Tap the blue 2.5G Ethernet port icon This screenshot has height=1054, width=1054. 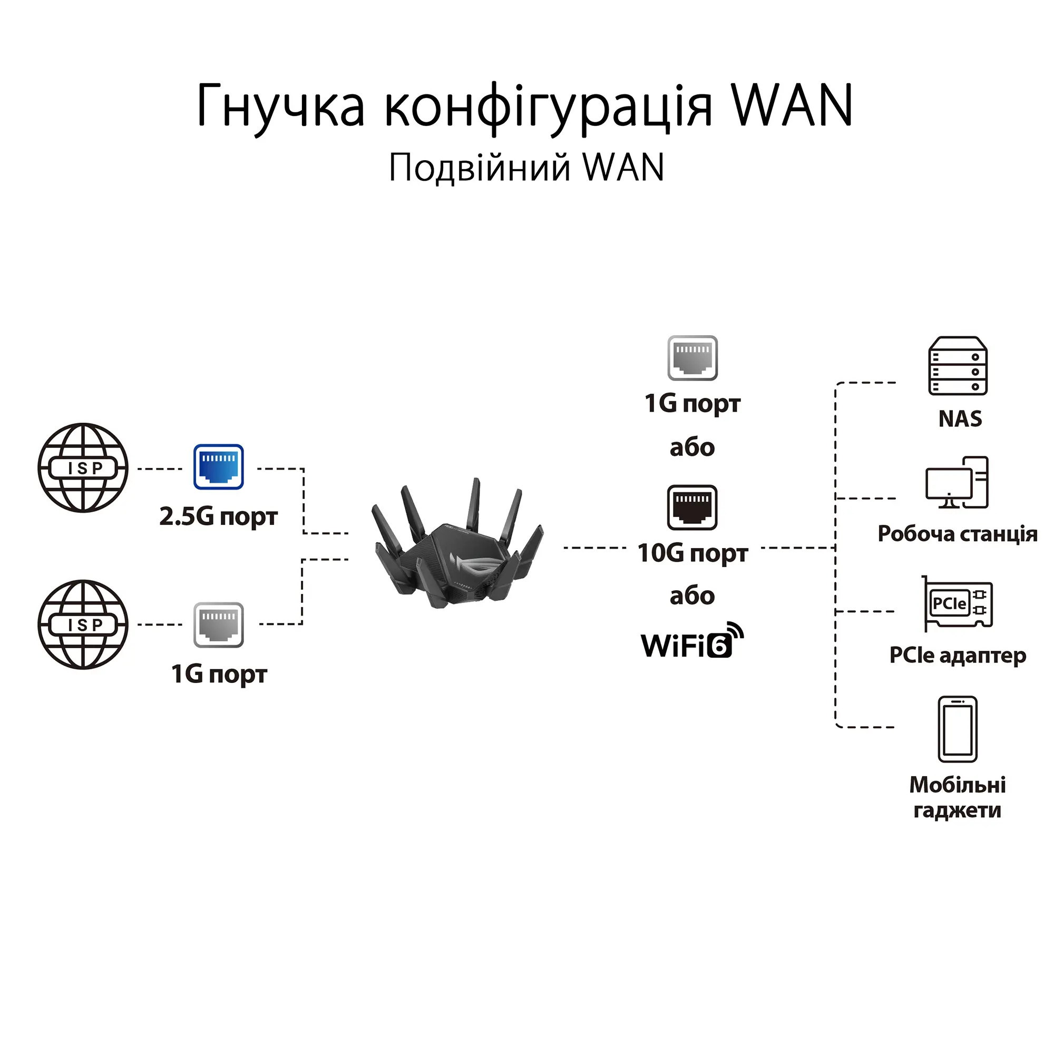218,467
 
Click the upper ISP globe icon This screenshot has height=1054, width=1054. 83,467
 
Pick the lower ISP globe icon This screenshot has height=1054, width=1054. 83,624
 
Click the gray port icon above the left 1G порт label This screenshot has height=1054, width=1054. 218,624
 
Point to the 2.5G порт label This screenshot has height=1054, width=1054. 218,516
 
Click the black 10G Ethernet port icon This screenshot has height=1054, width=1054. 692,508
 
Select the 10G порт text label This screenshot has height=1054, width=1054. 692,553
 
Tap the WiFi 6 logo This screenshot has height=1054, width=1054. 692,641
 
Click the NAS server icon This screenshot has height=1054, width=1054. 958,366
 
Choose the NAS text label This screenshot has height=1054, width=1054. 960,418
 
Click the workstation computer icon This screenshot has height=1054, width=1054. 957,483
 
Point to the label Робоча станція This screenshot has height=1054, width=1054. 958,533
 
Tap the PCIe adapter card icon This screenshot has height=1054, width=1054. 958,603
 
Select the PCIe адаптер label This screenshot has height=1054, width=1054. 958,655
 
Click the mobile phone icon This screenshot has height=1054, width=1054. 958,729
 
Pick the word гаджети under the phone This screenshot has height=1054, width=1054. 958,810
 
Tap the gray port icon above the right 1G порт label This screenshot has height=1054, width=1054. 692,358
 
